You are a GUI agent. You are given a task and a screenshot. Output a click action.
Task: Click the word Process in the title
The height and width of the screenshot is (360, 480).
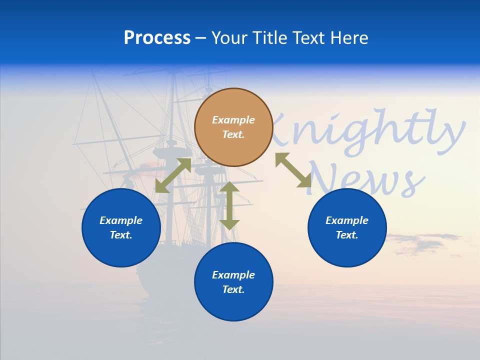157,38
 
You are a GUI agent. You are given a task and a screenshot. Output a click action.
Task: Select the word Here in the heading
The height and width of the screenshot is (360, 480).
350,38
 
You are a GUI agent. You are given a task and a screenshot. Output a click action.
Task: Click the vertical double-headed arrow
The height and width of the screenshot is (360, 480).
229,205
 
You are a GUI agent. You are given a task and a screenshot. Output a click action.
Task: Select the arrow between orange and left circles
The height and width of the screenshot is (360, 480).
173,175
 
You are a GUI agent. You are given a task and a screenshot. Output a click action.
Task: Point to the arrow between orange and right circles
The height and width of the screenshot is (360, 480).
293,170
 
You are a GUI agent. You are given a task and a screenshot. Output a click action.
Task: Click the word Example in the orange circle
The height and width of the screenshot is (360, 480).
233,120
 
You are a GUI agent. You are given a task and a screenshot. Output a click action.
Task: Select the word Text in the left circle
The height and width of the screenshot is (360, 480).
121,235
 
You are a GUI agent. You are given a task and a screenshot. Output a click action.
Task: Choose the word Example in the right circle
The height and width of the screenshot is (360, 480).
347,220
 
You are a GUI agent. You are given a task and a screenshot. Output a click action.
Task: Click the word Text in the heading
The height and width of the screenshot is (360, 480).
308,38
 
